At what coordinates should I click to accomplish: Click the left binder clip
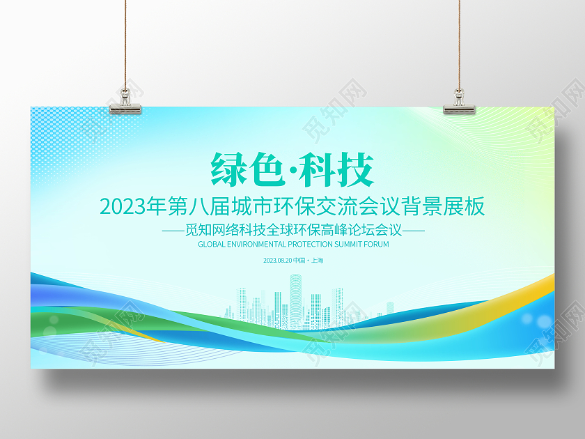pos(126,102)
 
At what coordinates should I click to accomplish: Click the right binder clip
pos(459,102)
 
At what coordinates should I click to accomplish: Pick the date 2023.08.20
pos(276,261)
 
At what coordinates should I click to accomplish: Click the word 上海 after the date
pos(317,261)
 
